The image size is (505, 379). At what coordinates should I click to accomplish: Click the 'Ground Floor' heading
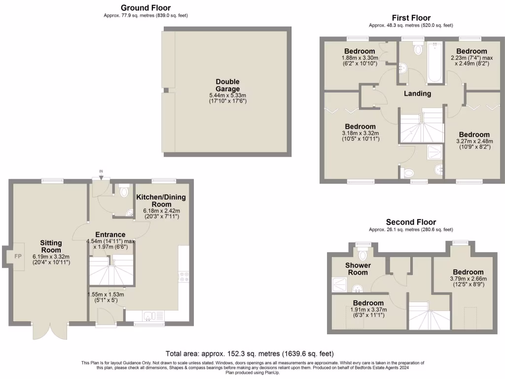tap(146, 7)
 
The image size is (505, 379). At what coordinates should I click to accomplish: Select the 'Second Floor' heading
tap(411, 222)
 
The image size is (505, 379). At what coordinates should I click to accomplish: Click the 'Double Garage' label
tap(227, 85)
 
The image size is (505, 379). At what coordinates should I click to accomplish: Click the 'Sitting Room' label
tap(51, 246)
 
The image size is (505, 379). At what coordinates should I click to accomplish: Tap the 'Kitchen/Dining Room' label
tap(161, 201)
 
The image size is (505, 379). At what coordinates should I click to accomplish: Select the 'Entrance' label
tap(110, 234)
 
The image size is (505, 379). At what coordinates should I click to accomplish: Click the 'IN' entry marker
tap(101, 172)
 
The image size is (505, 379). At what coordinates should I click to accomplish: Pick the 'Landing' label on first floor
tap(418, 93)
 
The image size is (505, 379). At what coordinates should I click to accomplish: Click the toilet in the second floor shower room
tap(363, 254)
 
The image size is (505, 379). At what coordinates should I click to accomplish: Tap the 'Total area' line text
tap(250, 354)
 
